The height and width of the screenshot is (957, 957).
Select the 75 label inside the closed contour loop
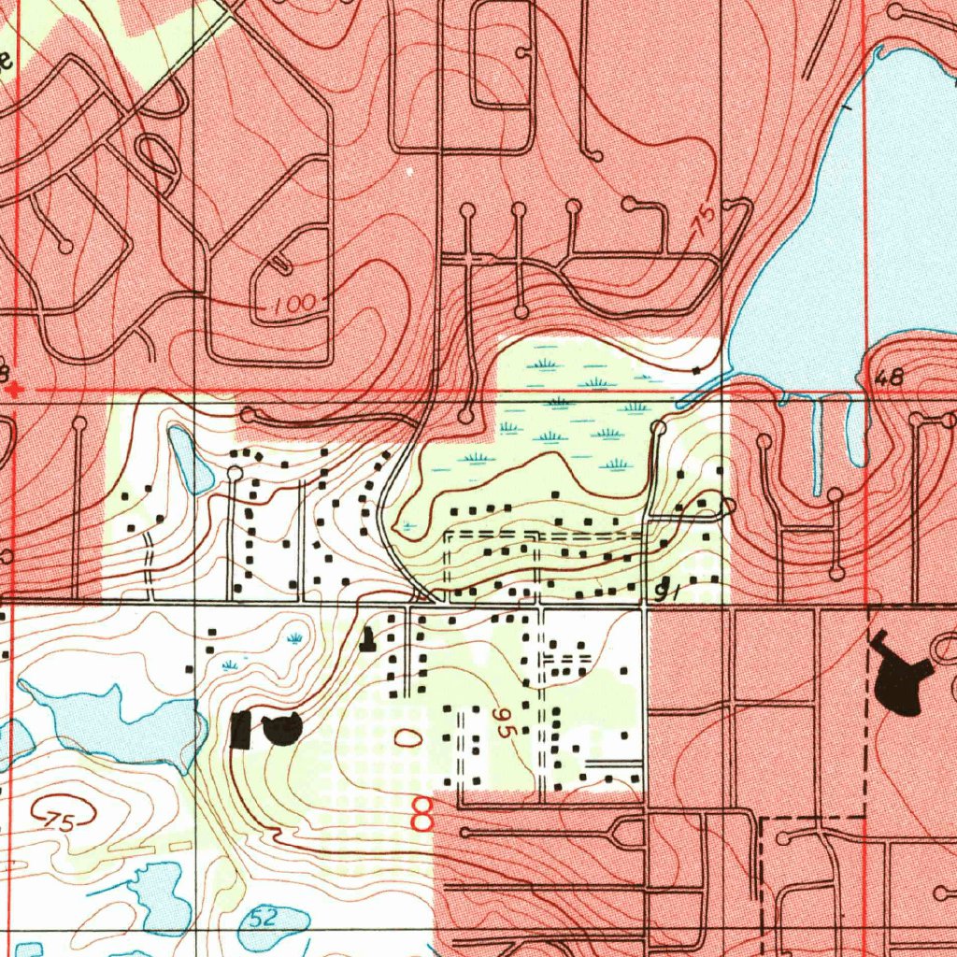click(59, 821)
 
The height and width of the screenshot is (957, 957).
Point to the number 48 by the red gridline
click(891, 378)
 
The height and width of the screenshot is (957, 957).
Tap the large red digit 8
click(422, 815)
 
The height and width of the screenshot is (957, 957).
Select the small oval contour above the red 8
click(407, 737)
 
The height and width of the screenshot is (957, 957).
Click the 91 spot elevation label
click(665, 590)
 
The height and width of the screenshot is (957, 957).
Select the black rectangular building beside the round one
click(241, 729)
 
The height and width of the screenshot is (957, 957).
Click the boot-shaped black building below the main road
click(368, 638)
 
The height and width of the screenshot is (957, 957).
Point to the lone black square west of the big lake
click(696, 371)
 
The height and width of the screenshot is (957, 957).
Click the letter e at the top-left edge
click(6, 62)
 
